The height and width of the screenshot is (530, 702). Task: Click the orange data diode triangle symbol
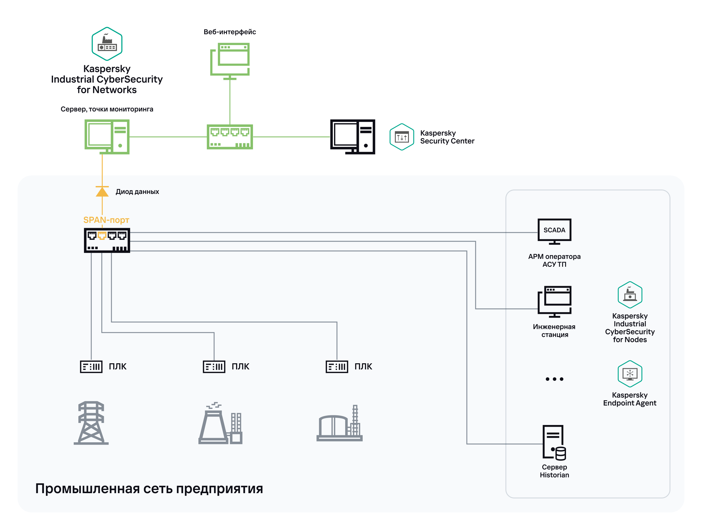[x=102, y=192]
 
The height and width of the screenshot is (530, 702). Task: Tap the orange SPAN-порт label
[x=106, y=220]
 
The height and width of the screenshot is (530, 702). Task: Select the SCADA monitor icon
[x=554, y=231]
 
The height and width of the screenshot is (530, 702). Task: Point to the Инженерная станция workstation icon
[x=554, y=302]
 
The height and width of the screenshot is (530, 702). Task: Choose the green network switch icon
[x=230, y=137]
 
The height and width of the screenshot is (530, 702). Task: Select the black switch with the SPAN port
[x=107, y=240]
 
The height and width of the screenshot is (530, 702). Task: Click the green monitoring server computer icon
[x=107, y=137]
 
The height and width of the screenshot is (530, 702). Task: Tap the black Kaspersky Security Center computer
[x=352, y=137]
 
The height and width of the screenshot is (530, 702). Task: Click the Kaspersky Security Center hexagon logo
[x=402, y=137]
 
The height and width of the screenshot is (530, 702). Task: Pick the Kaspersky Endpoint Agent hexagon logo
[x=630, y=374]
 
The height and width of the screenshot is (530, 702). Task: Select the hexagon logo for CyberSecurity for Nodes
[x=630, y=295]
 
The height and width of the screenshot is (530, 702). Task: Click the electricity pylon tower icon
[x=91, y=423]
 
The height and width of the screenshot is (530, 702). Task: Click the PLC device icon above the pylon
[x=91, y=366]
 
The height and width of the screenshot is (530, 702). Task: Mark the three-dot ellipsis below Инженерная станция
[x=554, y=379]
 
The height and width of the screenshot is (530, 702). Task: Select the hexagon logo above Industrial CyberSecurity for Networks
[x=107, y=44]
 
